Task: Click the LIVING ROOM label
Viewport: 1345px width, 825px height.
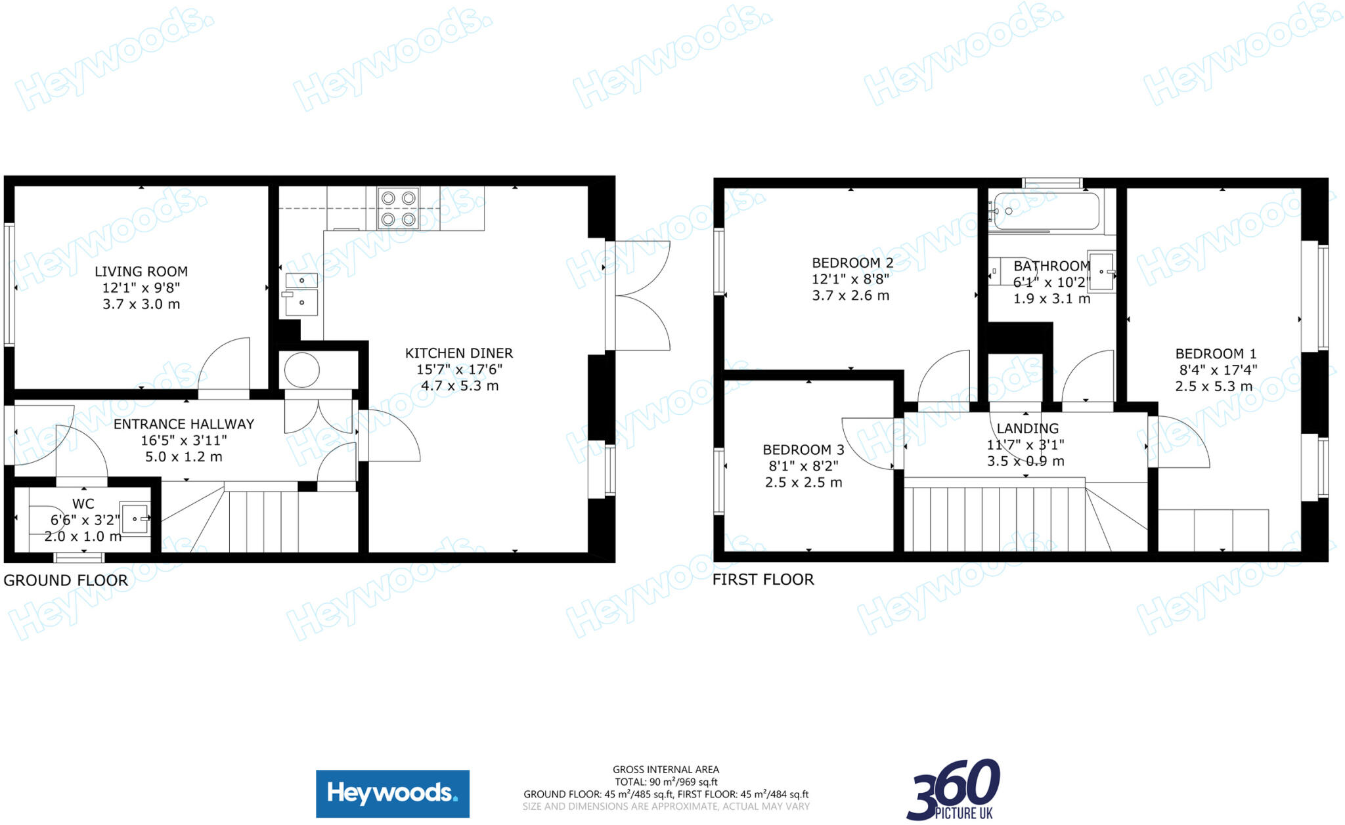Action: pyautogui.click(x=141, y=272)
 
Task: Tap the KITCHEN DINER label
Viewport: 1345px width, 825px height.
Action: pyautogui.click(x=459, y=353)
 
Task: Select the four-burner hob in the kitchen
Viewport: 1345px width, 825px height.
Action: pyautogui.click(x=399, y=208)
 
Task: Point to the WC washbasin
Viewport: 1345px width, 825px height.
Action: pyautogui.click(x=135, y=519)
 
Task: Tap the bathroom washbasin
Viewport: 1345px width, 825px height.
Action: pyautogui.click(x=1101, y=270)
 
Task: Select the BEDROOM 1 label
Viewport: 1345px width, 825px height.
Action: pyautogui.click(x=1216, y=354)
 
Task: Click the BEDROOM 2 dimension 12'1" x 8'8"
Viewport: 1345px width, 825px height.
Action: pyautogui.click(x=850, y=280)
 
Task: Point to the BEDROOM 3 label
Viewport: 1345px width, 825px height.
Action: pyautogui.click(x=803, y=450)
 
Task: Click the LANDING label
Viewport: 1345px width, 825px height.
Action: pyautogui.click(x=1027, y=429)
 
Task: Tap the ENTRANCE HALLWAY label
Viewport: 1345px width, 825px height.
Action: pyautogui.click(x=184, y=425)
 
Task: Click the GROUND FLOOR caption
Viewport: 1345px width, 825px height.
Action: pyautogui.click(x=66, y=580)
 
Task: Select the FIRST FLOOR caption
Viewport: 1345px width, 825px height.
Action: pyautogui.click(x=763, y=580)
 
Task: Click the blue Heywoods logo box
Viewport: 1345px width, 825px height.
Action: pyautogui.click(x=393, y=793)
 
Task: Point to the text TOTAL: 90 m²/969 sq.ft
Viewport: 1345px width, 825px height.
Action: pyautogui.click(x=666, y=782)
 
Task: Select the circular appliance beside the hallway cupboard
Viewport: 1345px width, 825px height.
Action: pyautogui.click(x=302, y=370)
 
